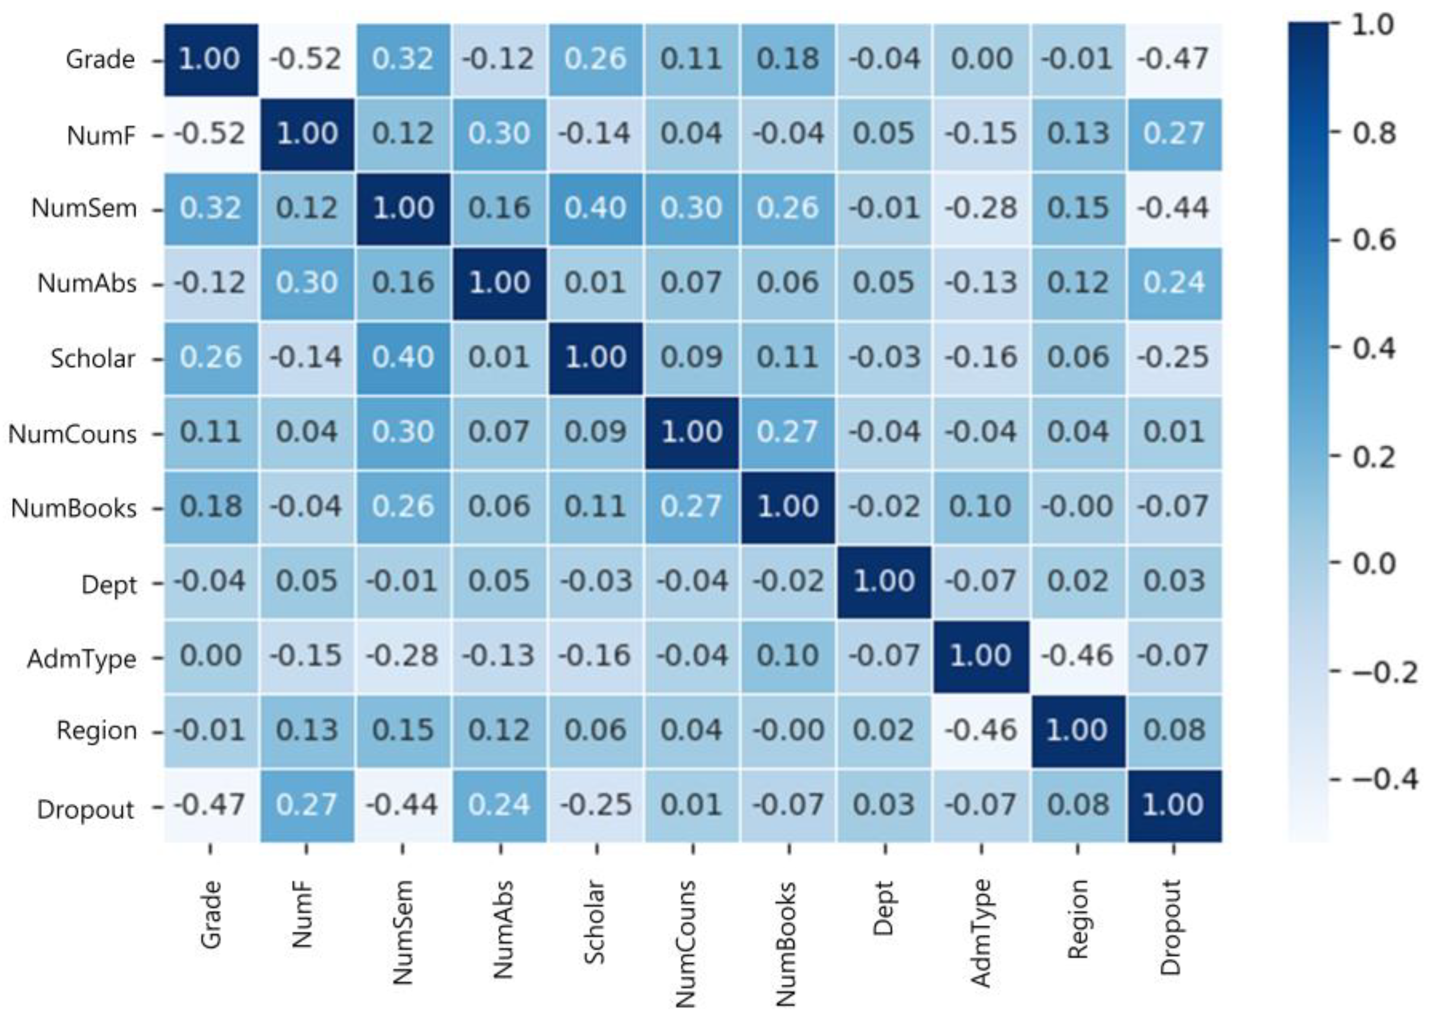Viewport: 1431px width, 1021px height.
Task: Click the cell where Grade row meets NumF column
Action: click(307, 60)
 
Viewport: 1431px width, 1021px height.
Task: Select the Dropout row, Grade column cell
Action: click(210, 805)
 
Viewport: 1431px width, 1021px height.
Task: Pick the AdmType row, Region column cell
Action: click(1077, 656)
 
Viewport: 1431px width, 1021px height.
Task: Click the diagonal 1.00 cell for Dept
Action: click(884, 582)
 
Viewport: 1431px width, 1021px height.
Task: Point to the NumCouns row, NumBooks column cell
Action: click(788, 432)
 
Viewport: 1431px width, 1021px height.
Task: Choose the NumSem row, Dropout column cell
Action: click(1173, 208)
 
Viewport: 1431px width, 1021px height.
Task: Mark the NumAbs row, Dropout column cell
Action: click(1173, 283)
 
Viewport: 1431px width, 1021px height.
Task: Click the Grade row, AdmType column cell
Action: click(981, 60)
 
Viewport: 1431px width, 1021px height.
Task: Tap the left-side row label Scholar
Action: click(93, 359)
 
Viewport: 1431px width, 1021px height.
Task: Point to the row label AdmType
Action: click(81, 659)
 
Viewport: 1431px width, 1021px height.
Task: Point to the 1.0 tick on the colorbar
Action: click(1372, 25)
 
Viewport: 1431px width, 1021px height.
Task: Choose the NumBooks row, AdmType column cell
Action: click(981, 507)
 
